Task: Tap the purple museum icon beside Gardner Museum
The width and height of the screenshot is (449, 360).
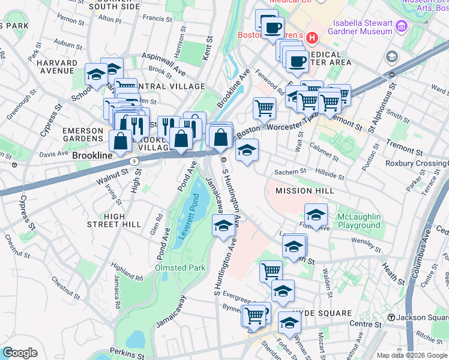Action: coord(402,27)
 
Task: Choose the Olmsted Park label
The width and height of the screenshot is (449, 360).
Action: coord(180,268)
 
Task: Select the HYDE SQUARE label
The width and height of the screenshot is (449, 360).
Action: coord(327,313)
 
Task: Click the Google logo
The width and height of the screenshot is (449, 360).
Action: coord(20,352)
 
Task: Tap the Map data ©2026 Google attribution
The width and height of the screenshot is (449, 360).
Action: coord(411,355)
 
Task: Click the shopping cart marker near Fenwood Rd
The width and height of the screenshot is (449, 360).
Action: coord(264,109)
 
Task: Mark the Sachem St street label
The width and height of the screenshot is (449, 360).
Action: coord(291,172)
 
